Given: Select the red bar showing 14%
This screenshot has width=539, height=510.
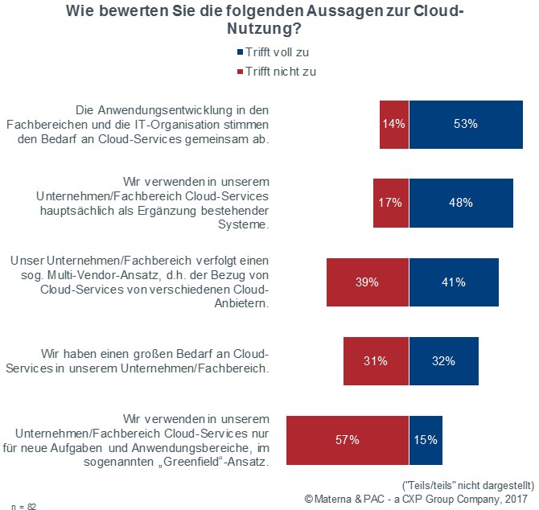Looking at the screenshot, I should coord(394,125).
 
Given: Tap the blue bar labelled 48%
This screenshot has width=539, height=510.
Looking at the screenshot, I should coord(460,203).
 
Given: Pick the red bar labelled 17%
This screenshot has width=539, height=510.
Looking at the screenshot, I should coord(391,203).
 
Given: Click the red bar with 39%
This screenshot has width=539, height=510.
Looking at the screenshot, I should coord(368,282).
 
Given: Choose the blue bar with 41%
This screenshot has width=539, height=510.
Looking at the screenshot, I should coord(454,282).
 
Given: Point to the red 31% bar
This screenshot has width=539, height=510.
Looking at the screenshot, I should coord(376,361).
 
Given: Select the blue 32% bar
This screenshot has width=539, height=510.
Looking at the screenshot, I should coord(443,361).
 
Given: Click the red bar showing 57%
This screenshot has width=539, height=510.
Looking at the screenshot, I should coord(348,440).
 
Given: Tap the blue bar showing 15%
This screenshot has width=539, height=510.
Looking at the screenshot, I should coord(426,440).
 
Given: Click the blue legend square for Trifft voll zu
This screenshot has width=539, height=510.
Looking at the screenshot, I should coord(239,52).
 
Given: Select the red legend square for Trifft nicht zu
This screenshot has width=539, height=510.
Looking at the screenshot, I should coord(239,72).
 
